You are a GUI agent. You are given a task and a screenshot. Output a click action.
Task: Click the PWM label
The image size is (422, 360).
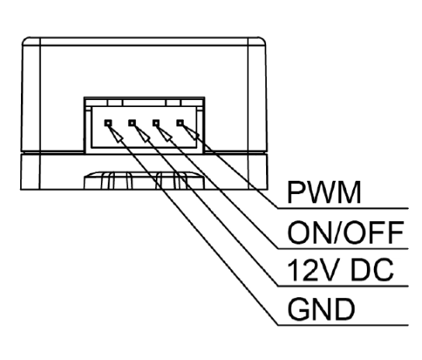point(323,192)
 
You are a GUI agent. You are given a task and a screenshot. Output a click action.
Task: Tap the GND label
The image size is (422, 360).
point(321,309)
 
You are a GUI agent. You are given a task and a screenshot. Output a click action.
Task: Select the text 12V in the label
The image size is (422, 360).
point(313,270)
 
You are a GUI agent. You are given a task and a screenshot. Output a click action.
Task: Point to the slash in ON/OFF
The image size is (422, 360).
point(339,233)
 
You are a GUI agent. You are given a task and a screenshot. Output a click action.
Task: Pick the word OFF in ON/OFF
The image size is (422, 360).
point(375,233)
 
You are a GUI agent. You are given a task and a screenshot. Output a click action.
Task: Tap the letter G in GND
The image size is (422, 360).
point(298,309)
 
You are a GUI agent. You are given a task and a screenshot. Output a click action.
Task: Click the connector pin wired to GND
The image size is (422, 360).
point(108,123)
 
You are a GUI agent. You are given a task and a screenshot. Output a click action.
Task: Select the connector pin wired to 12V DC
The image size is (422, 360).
point(132,123)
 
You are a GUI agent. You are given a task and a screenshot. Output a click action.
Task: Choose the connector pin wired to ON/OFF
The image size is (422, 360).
point(156,123)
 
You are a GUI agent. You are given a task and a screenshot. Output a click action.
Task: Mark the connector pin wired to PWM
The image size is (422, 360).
point(180,123)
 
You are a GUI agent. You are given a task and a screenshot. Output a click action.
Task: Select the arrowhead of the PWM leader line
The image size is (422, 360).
point(190,132)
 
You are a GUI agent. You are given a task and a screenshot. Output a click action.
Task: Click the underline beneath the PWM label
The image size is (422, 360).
point(343,208)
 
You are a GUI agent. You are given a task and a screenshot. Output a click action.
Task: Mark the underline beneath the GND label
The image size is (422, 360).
point(343,325)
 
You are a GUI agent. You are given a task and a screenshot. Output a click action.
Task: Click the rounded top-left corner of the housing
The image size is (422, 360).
point(25,40)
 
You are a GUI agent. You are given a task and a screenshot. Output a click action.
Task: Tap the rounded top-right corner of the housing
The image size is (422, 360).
point(262,40)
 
